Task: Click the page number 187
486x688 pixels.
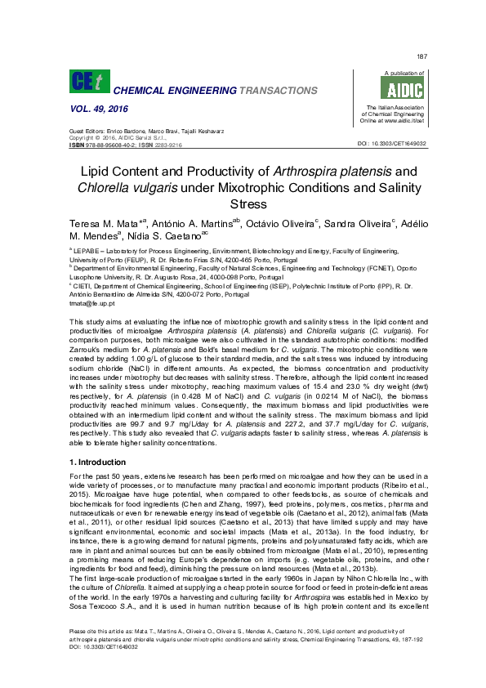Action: click(421, 56)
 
